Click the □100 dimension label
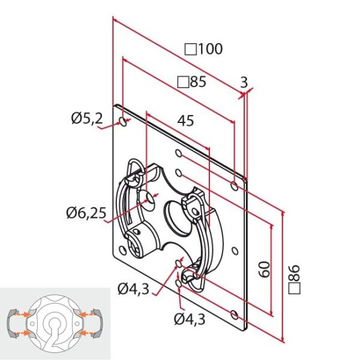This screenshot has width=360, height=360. click(x=204, y=49)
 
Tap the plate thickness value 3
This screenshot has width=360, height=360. click(x=244, y=82)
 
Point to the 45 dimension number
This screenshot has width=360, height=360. click(x=185, y=121)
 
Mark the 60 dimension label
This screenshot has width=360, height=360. click(x=262, y=269)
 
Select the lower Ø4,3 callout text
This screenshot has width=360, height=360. click(x=187, y=319)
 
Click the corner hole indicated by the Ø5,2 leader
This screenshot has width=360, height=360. click(x=123, y=122)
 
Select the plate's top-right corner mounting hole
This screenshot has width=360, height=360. click(x=234, y=181)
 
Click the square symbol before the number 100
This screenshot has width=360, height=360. click(x=190, y=49)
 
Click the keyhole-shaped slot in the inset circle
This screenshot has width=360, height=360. click(x=56, y=330)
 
